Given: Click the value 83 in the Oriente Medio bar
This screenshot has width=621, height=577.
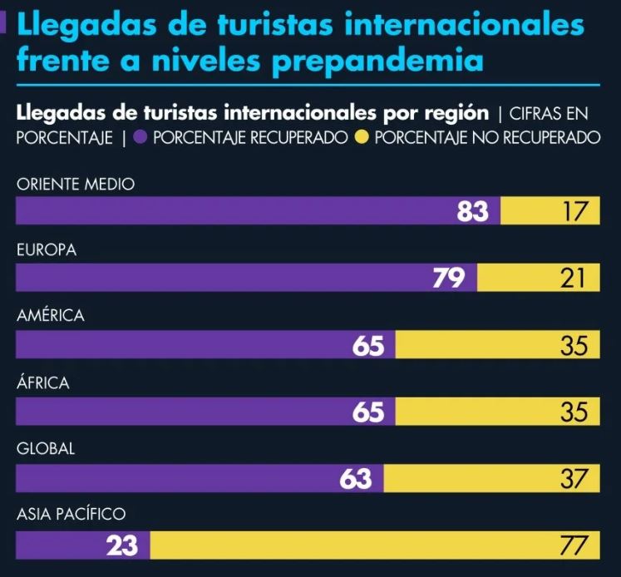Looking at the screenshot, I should pyautogui.click(x=472, y=212).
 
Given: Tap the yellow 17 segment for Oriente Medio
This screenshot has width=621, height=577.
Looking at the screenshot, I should pyautogui.click(x=550, y=211).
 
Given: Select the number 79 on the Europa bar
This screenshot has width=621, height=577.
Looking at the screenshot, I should pyautogui.click(x=448, y=279).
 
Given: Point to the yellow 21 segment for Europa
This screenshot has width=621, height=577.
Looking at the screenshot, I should pyautogui.click(x=538, y=279).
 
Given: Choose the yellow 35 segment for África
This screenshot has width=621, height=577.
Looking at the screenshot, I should pyautogui.click(x=497, y=412).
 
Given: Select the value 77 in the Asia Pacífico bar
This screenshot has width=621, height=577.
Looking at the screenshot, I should pyautogui.click(x=374, y=545).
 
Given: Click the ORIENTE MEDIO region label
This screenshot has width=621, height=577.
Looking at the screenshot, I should pyautogui.click(x=76, y=184).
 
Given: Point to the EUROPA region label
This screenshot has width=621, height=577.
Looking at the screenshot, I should pyautogui.click(x=47, y=250).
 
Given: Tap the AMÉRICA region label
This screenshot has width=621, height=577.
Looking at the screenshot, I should pyautogui.click(x=51, y=316).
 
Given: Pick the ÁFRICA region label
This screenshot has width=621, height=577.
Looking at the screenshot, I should pyautogui.click(x=43, y=383).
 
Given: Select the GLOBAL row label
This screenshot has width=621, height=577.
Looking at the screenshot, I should pyautogui.click(x=46, y=449).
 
